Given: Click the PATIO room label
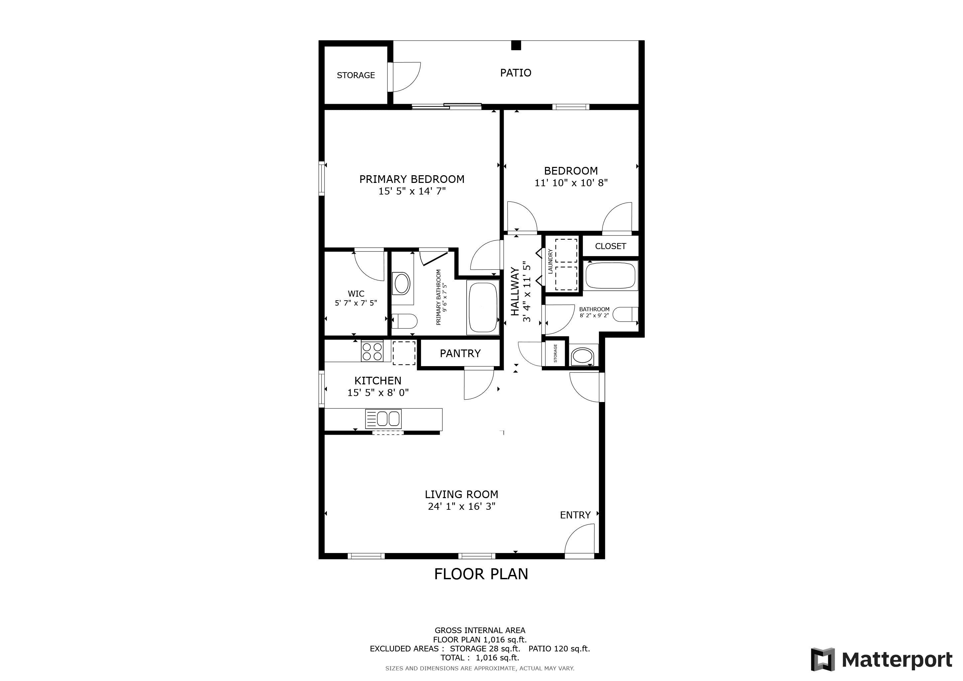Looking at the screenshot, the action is click(515, 73).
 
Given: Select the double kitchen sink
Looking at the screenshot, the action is click(383, 419).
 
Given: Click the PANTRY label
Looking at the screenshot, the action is click(460, 353).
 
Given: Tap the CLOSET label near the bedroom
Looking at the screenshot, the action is click(610, 246).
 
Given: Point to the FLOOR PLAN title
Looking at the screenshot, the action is click(481, 574).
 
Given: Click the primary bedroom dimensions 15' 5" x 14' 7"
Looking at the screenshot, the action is click(412, 191).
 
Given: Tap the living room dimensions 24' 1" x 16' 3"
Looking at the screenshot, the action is click(461, 506).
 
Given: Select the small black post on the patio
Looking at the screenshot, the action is click(516, 45).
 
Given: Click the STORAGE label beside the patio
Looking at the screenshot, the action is click(356, 75).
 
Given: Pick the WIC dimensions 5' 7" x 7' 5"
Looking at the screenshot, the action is click(356, 303).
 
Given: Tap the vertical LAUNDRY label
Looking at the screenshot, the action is click(550, 261).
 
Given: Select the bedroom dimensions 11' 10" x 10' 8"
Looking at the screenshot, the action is click(571, 183).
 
